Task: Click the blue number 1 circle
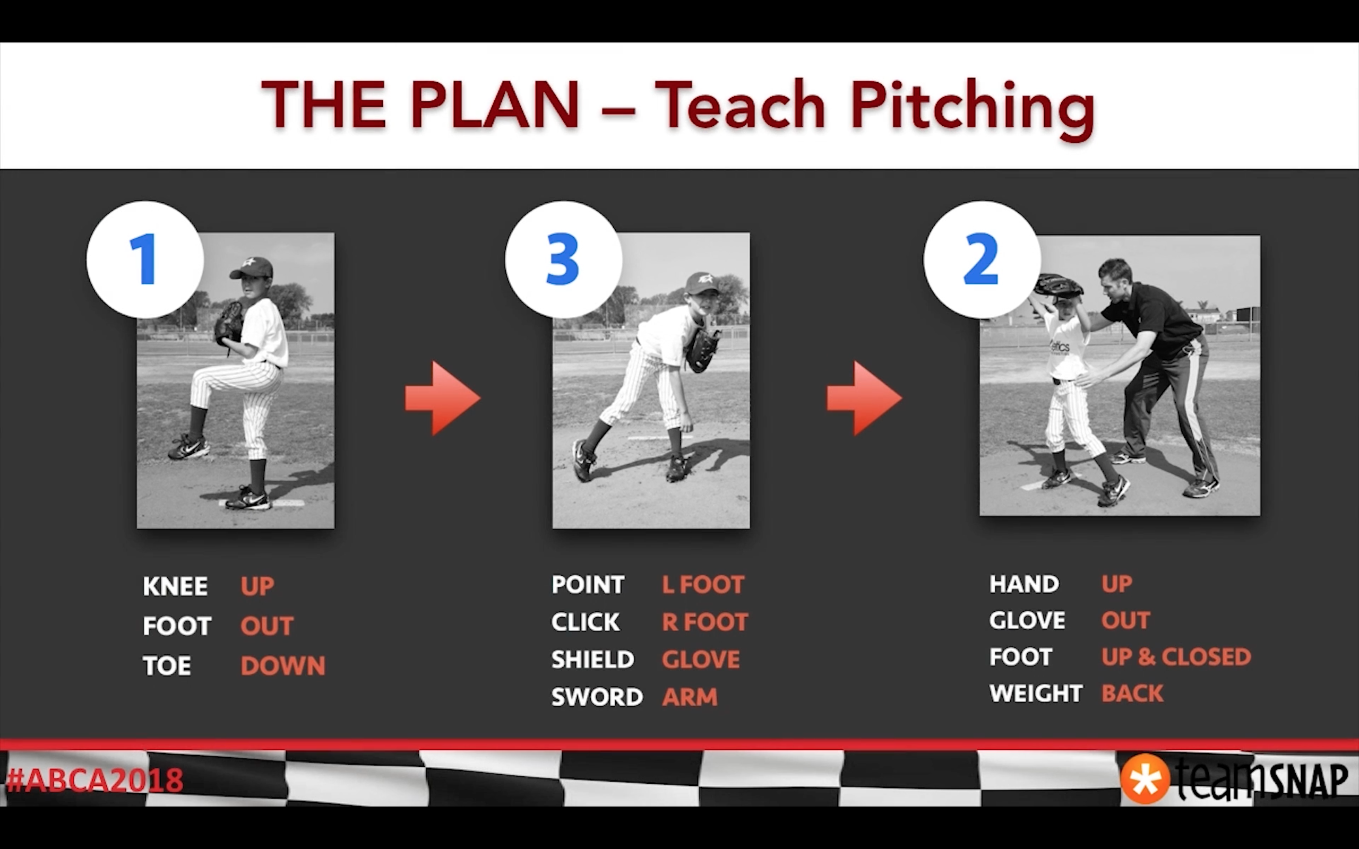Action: [145, 260]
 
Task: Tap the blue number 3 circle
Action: [563, 260]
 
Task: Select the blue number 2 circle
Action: [982, 260]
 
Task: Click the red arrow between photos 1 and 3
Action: [443, 398]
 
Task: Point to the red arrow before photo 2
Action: [864, 398]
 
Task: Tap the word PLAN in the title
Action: [495, 105]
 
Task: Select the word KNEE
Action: [175, 586]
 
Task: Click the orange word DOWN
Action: [282, 666]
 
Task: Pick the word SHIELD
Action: [592, 659]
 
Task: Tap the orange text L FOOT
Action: [703, 585]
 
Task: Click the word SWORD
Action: [597, 697]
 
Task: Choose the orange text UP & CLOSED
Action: [1176, 656]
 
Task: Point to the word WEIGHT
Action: [1036, 694]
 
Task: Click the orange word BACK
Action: [1132, 694]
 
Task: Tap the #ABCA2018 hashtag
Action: [94, 780]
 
